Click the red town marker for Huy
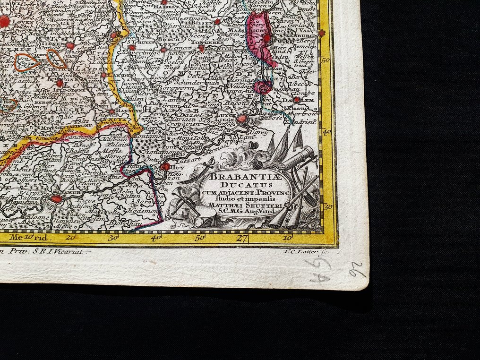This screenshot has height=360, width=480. [165, 166]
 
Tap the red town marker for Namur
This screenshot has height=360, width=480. [56, 199]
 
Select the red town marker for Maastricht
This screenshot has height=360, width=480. [266, 38]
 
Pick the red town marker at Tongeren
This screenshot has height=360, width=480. [201, 48]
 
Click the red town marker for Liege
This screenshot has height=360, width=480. [241, 119]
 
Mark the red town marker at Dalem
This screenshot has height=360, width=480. [296, 100]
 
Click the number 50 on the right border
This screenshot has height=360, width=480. [325, 61]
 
